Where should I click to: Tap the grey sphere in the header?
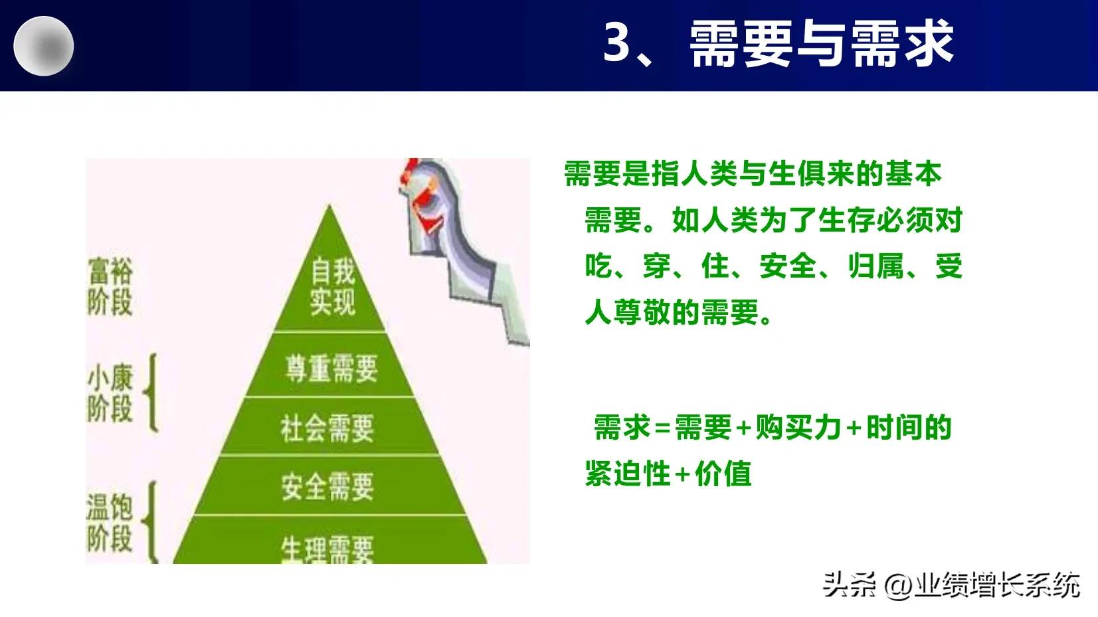pos(44,46)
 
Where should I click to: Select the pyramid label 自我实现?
pos(332,287)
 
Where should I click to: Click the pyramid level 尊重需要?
pos(331,368)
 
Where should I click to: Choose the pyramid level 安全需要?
pos(327,486)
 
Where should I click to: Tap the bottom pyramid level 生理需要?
pos(327,549)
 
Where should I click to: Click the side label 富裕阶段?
pos(110,287)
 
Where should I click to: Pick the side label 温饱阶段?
pos(110,522)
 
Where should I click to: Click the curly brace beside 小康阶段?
pos(151,393)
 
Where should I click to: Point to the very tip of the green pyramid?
pos(329,207)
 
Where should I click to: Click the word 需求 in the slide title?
pos(902,43)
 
